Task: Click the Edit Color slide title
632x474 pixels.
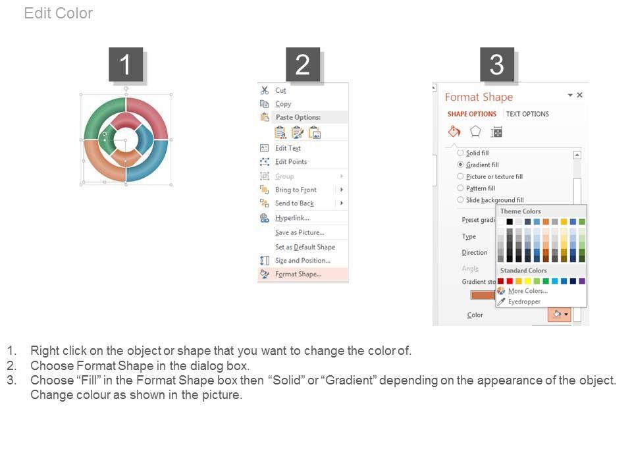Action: tap(59, 13)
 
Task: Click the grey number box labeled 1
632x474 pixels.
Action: tap(126, 65)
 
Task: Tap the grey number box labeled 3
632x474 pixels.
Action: tap(496, 65)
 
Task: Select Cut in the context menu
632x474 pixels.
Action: tap(280, 90)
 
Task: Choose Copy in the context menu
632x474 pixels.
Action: tap(283, 104)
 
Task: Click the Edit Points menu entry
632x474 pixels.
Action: tap(291, 162)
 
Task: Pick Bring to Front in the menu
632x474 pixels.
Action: tap(296, 190)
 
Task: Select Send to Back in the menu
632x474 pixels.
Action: tap(295, 203)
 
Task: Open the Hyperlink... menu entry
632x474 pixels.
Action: tap(292, 218)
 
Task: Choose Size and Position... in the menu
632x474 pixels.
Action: tap(303, 261)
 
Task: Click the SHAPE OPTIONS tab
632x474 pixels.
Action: tap(472, 114)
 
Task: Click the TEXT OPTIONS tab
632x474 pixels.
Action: tap(527, 114)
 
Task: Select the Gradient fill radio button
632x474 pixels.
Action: tap(460, 165)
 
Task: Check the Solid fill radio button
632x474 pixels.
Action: tap(460, 153)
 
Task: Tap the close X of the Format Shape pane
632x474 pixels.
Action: tap(579, 95)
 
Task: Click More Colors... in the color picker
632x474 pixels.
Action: tap(528, 291)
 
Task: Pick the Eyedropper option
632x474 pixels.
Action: tap(525, 302)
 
